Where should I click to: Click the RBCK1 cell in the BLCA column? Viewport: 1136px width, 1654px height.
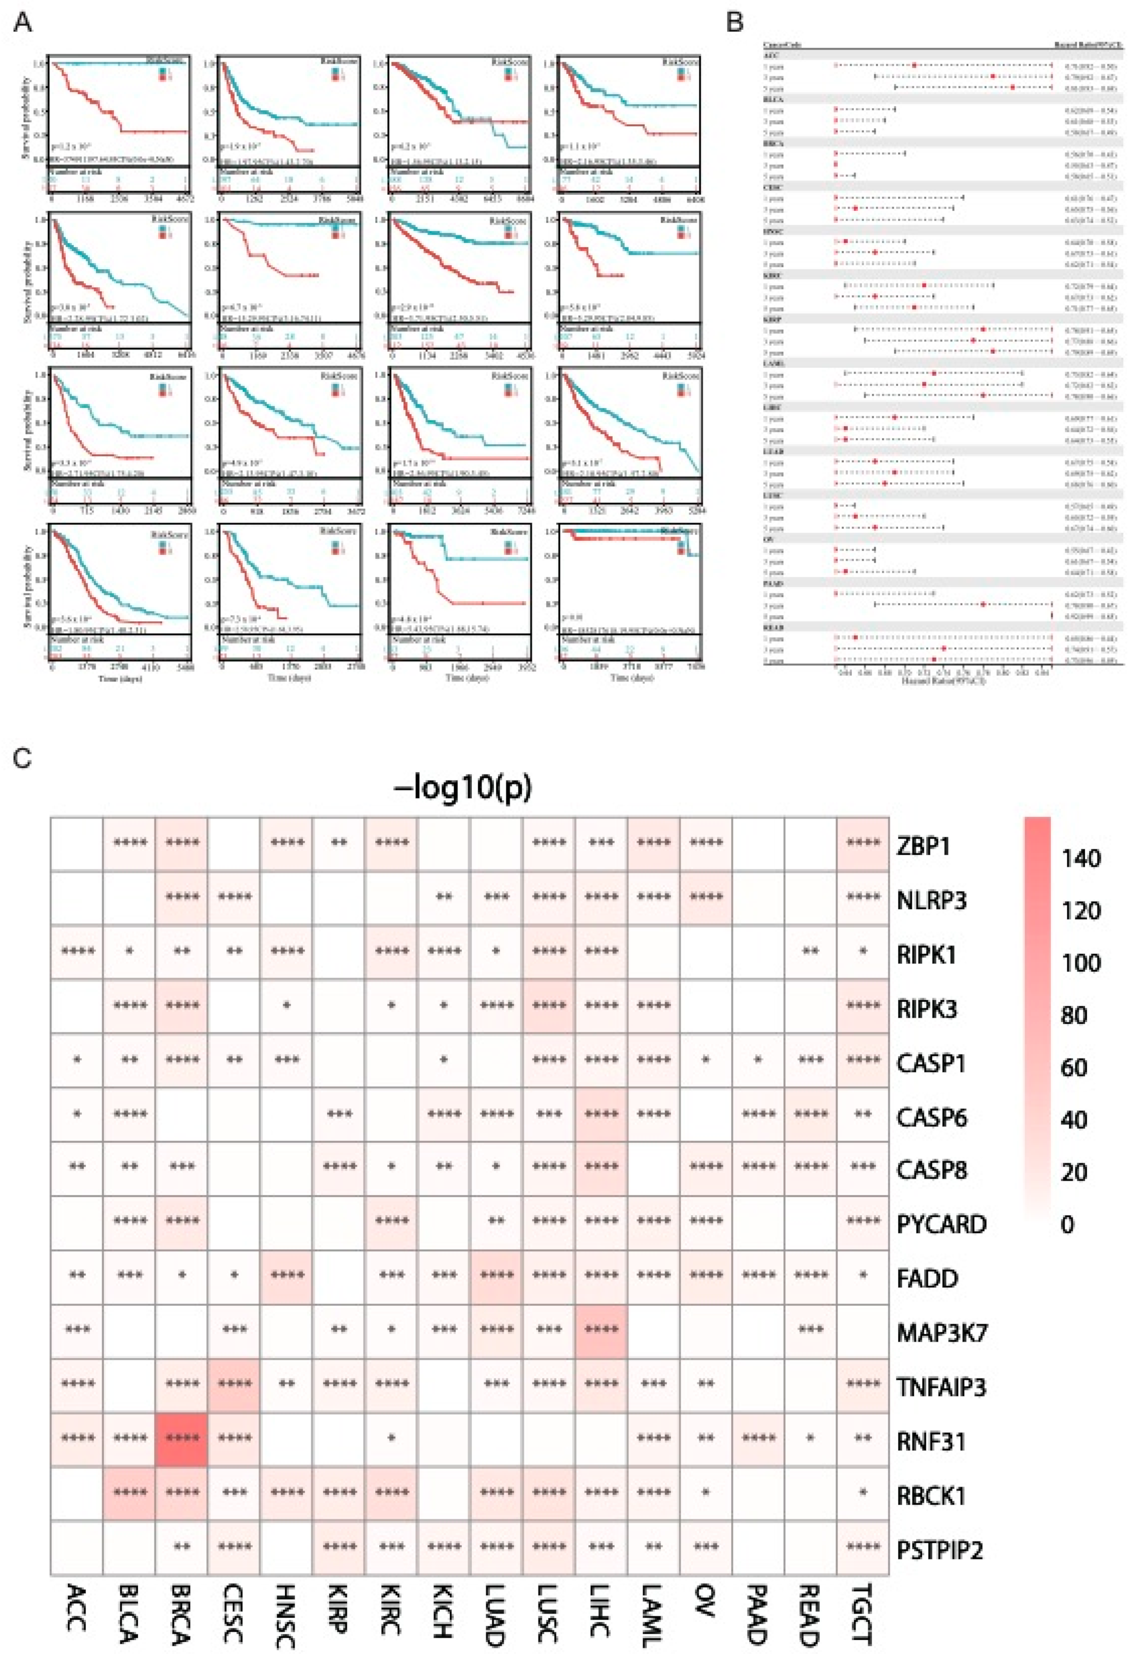click(129, 1494)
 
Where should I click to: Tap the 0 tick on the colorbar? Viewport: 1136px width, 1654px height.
click(1067, 1224)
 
